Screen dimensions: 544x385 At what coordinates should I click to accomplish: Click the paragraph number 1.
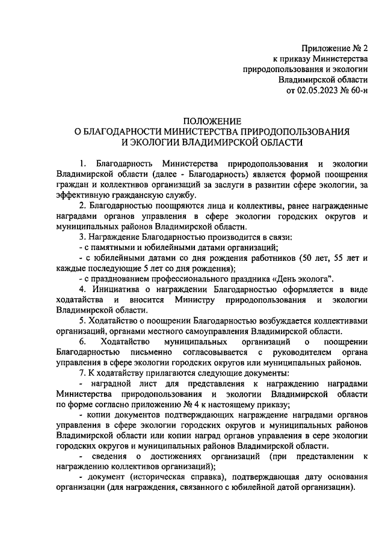tap(82, 164)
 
